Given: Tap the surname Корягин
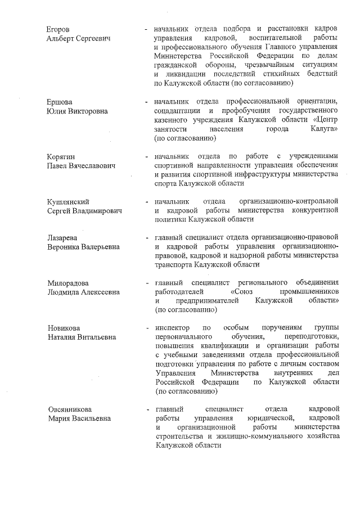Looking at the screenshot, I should click(x=61, y=156).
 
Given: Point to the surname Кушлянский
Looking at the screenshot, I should click(x=69, y=201).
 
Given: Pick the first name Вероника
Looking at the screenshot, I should click(x=65, y=247).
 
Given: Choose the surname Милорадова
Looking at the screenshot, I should click(x=68, y=283).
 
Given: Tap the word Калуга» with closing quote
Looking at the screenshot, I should click(x=319, y=129).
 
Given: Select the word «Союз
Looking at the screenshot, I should click(x=246, y=292).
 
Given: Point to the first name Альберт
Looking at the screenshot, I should click(x=61, y=38).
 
